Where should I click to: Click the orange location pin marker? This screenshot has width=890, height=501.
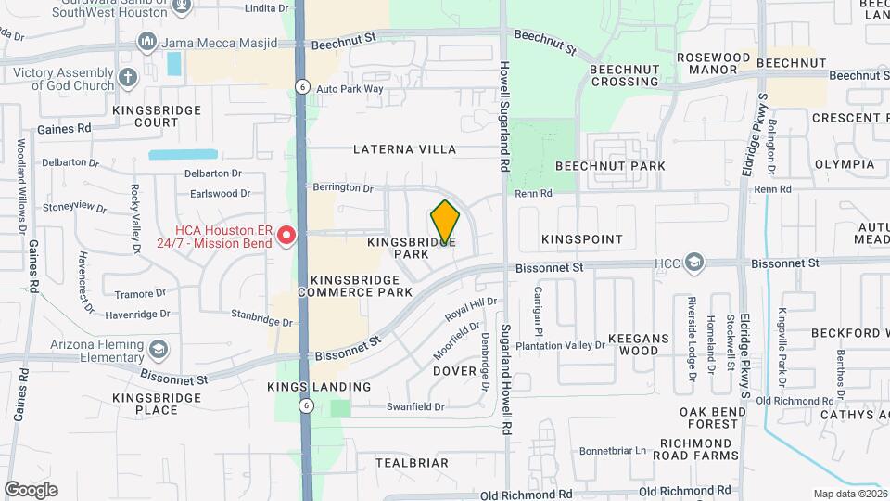[446, 222]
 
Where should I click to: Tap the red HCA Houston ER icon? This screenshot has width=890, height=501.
[287, 236]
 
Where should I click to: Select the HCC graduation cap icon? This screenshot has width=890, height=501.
[694, 264]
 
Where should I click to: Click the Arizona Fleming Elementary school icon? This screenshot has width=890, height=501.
[159, 350]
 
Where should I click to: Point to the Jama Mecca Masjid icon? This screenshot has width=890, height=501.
[147, 42]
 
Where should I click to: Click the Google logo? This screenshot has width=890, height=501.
[31, 489]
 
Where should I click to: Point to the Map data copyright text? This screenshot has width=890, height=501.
[848, 494]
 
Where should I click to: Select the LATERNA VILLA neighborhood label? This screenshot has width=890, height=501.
[405, 149]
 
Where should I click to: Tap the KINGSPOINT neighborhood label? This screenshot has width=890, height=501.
[582, 239]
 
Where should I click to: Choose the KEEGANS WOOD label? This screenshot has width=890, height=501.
[633, 344]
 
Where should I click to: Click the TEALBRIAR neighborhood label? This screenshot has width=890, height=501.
[412, 462]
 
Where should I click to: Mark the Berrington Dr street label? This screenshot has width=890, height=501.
[342, 187]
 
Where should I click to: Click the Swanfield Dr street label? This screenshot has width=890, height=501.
[415, 406]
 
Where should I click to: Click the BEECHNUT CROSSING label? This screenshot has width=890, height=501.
[624, 74]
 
